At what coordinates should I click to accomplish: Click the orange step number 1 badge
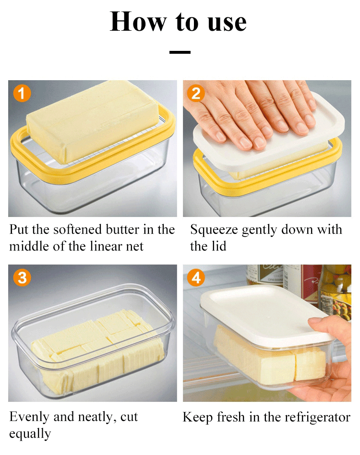click(x=22, y=93)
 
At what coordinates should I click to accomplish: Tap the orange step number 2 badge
click(x=196, y=93)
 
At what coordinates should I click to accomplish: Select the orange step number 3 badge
click(x=22, y=277)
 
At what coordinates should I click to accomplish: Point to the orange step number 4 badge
click(x=196, y=277)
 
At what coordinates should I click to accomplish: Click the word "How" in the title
click(x=138, y=22)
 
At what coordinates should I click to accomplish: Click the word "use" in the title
click(x=227, y=23)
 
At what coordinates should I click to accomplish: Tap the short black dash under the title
click(x=180, y=52)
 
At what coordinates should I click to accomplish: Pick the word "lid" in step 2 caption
click(x=219, y=246)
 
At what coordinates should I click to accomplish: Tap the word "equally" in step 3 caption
click(x=30, y=434)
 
